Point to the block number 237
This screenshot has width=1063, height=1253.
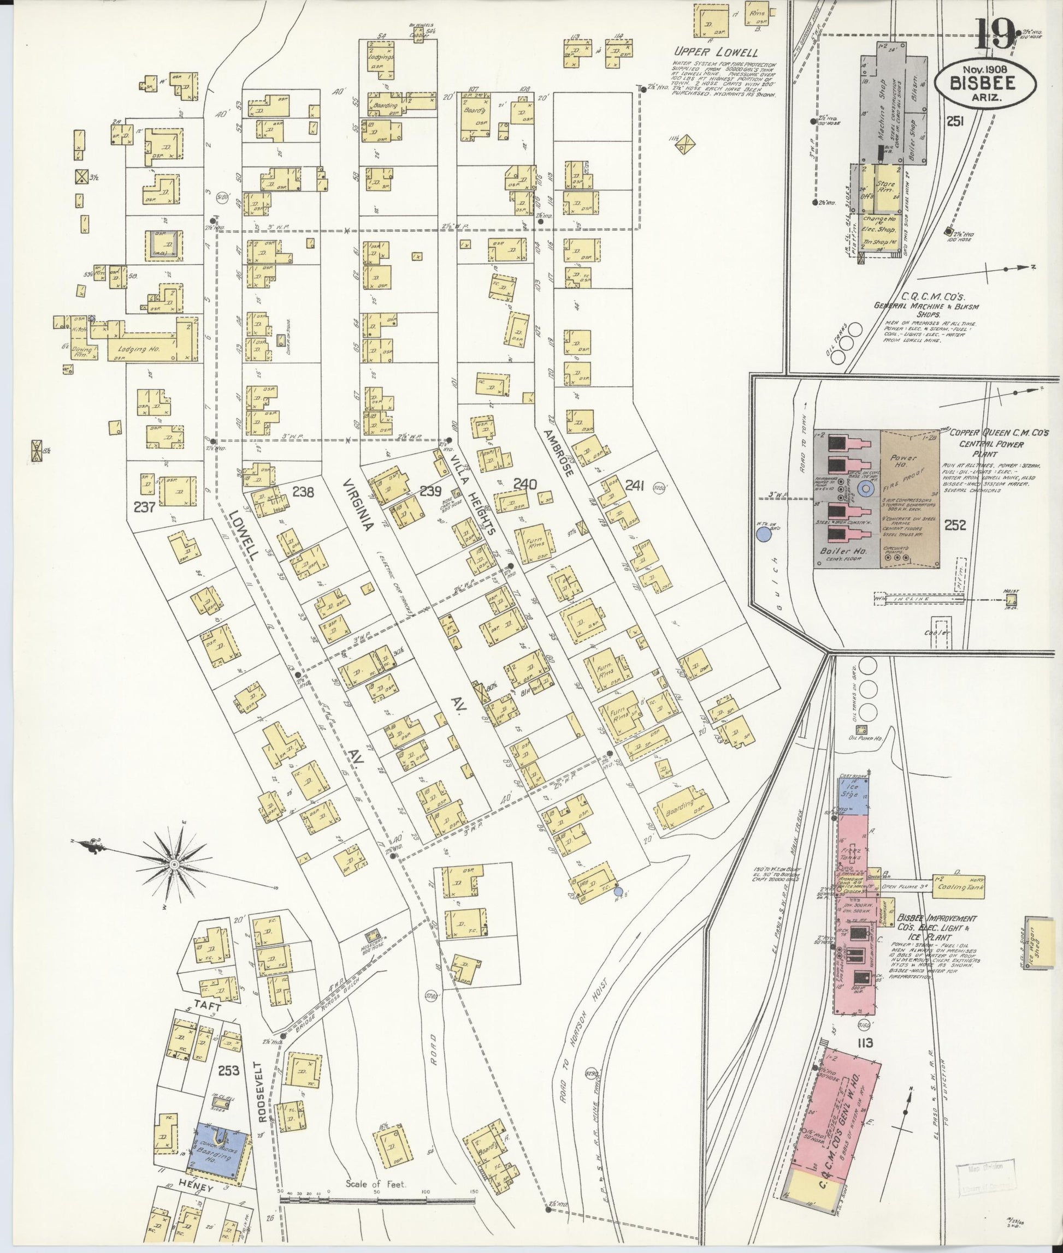coord(145,508)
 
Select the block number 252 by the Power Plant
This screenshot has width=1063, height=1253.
coord(955,525)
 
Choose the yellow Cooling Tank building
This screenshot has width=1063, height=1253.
coord(958,887)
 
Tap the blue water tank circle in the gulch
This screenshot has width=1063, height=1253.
coord(764,534)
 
